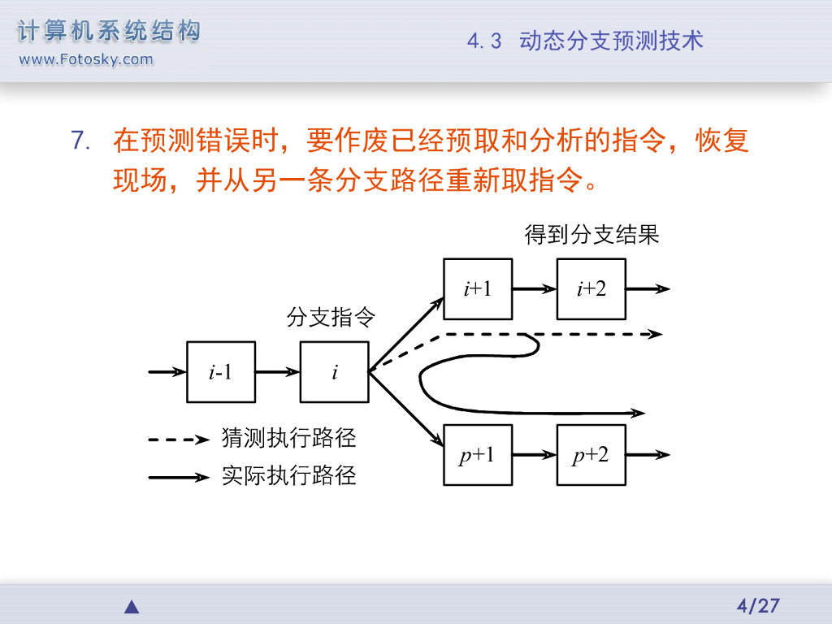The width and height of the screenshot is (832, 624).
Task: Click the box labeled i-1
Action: pos(221,372)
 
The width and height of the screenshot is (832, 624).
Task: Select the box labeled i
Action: pos(334,372)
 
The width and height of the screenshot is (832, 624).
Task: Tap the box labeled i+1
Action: pos(478,289)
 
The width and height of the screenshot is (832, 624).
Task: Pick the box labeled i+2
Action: pos(591,289)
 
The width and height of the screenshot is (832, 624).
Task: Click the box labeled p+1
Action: pos(478,455)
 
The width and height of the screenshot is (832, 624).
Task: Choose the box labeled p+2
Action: pos(591,455)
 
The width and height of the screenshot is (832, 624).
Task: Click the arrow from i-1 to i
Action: pos(277,372)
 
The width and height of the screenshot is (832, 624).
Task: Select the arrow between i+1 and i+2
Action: pos(534,289)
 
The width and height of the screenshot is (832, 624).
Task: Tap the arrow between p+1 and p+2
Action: pos(534,455)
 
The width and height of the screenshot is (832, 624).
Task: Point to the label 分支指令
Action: pos(331,318)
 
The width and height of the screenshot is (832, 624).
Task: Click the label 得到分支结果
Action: pos(591,236)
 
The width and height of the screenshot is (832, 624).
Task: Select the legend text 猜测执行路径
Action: pos(289,439)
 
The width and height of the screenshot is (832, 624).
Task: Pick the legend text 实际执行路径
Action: pos(289,475)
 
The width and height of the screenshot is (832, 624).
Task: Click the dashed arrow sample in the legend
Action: pos(179,440)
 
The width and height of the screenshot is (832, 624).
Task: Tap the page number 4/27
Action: pos(757,605)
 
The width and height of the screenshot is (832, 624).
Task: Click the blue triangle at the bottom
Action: pos(132,607)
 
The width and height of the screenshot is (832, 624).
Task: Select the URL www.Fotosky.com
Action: pos(85,59)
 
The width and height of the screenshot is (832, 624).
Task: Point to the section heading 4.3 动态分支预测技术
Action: pos(585,41)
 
